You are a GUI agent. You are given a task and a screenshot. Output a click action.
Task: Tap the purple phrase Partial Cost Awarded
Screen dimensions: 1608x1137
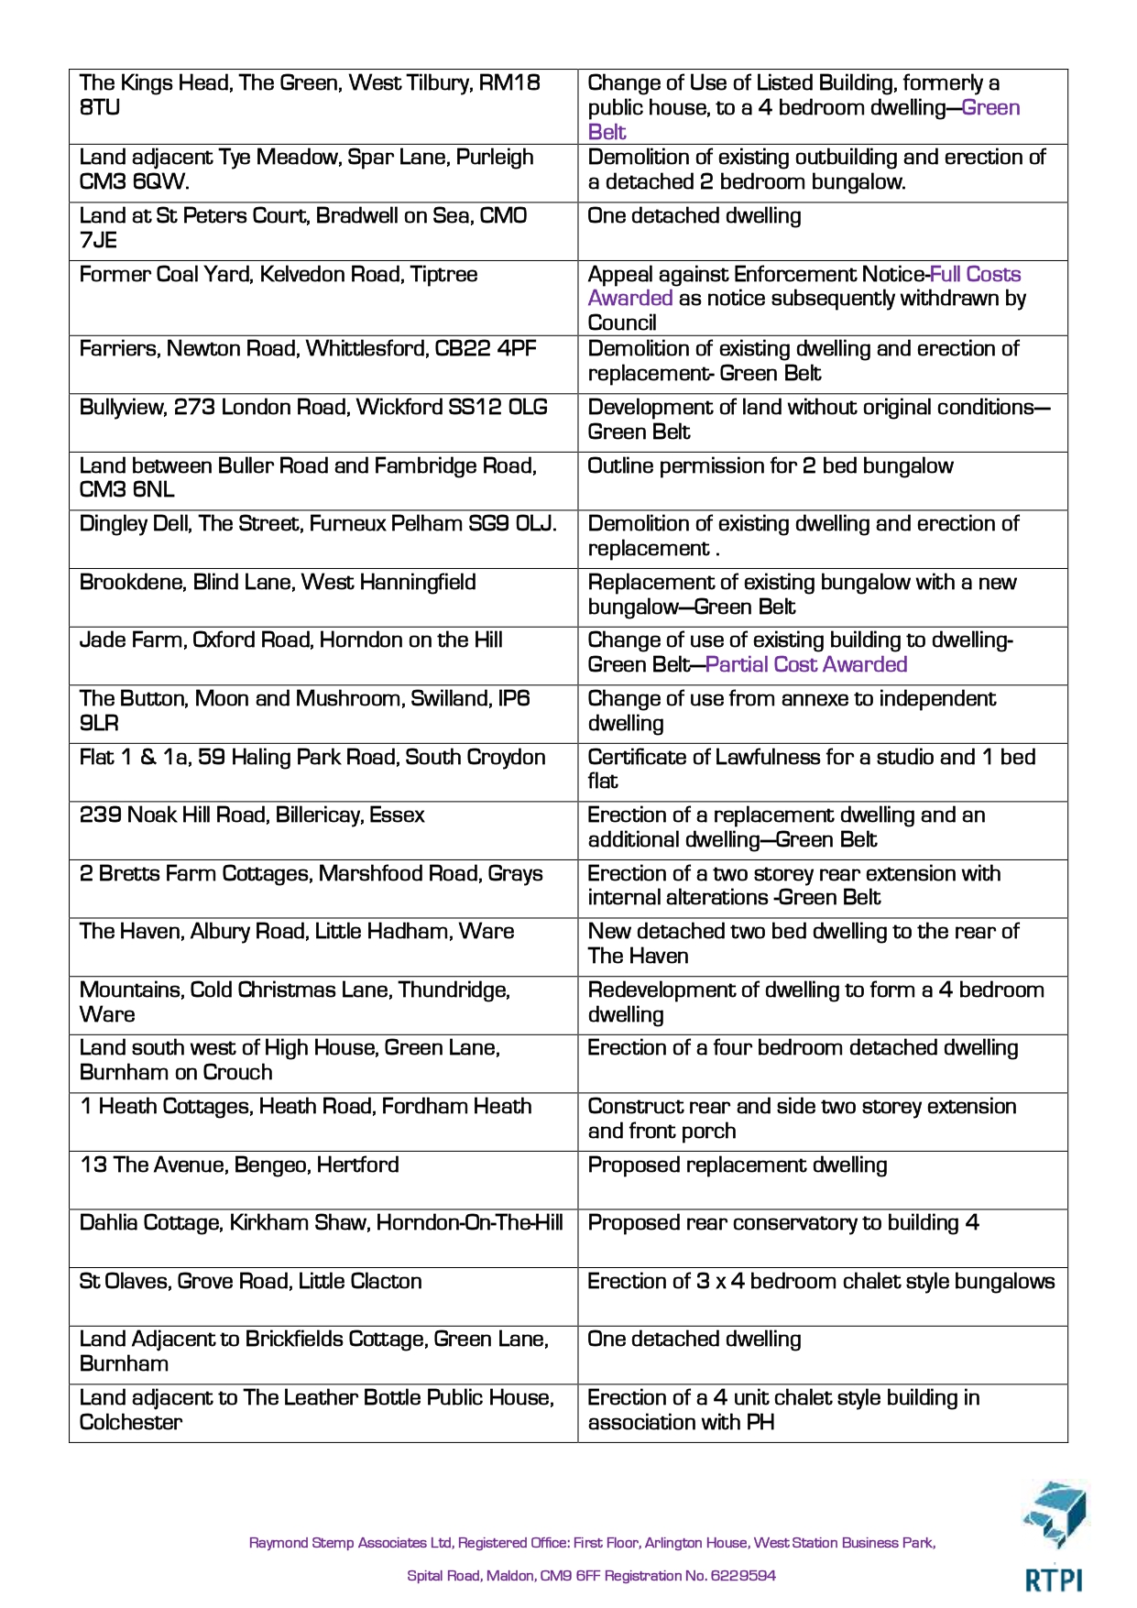tap(806, 664)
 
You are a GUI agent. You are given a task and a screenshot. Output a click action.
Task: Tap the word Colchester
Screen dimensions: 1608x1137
tap(131, 1422)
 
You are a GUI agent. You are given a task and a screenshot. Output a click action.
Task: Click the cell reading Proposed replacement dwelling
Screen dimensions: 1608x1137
tap(738, 1165)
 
